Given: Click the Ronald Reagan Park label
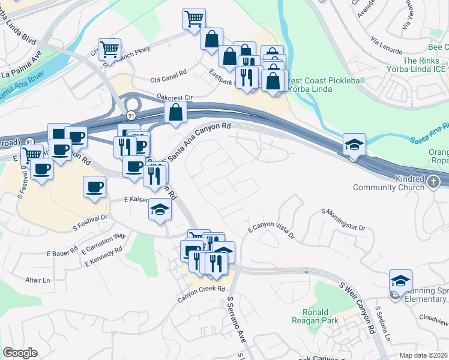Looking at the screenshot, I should click(x=315, y=316).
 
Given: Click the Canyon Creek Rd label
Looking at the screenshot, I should click(x=200, y=293).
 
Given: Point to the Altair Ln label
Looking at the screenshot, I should click(x=37, y=280).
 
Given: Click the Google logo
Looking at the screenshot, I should click(x=20, y=353).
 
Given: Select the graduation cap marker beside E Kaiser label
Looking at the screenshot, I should click(x=160, y=209).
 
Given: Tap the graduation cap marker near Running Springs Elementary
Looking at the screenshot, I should click(x=400, y=280).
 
